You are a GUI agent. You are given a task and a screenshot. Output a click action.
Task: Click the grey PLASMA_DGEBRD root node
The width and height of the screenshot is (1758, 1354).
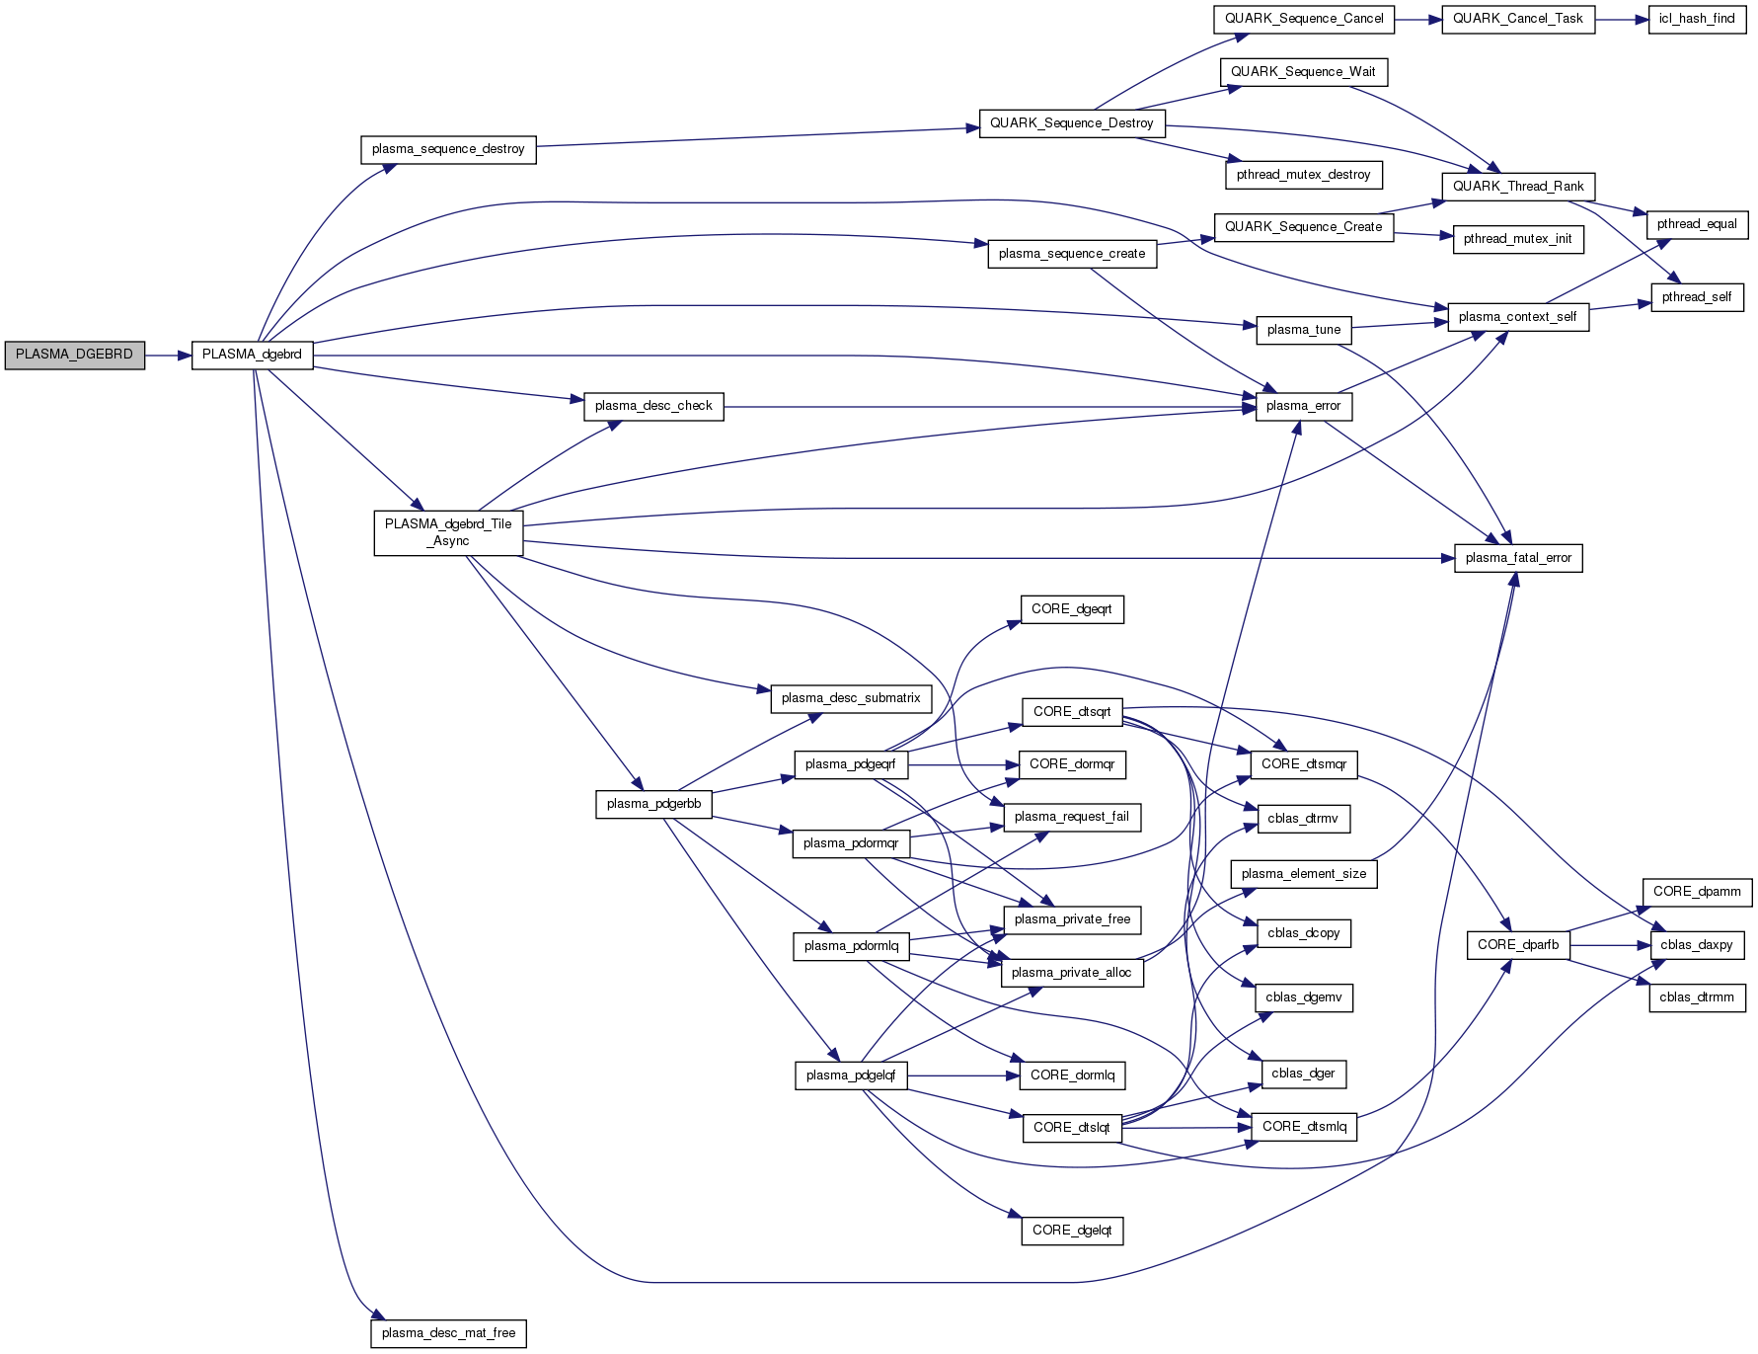[74, 355]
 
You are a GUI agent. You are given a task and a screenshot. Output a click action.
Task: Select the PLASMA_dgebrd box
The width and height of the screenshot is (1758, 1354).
[252, 355]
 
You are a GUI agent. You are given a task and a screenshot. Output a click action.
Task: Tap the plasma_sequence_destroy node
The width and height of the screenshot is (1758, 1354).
[448, 149]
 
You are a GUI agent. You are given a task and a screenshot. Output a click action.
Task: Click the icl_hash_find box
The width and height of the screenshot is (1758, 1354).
[1696, 19]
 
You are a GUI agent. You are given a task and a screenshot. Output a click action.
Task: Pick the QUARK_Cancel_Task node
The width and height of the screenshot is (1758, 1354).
[1517, 19]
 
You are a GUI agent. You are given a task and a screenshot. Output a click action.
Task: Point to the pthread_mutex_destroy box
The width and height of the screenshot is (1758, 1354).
[1303, 175]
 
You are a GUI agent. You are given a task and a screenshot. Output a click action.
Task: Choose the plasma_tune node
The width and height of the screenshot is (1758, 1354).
[1303, 330]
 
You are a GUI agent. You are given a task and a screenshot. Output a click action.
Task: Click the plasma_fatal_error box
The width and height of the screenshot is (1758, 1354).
[1518, 558]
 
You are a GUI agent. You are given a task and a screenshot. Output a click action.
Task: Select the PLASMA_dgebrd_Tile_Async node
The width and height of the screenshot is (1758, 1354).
[448, 532]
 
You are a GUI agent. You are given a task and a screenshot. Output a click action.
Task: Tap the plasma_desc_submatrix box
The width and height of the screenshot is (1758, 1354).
[850, 698]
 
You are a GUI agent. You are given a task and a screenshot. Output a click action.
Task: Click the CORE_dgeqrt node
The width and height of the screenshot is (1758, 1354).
[1071, 609]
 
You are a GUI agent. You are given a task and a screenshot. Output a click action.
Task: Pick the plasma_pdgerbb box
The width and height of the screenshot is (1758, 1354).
[653, 804]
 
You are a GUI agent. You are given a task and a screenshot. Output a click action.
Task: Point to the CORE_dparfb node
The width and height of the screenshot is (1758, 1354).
[1517, 945]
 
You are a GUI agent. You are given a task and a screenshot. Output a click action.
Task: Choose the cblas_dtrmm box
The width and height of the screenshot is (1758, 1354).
[1696, 997]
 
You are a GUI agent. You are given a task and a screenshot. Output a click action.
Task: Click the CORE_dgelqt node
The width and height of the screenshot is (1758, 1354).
[1071, 1231]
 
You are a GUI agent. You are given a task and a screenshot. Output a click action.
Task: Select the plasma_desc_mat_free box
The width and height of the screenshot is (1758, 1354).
[448, 1333]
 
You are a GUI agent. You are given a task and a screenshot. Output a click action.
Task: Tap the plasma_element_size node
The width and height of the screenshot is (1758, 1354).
[1303, 874]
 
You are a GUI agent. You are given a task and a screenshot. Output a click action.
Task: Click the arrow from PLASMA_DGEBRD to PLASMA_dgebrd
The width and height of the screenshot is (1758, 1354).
[168, 355]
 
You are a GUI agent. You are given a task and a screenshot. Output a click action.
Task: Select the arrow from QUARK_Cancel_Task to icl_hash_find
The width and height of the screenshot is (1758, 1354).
[1621, 19]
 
